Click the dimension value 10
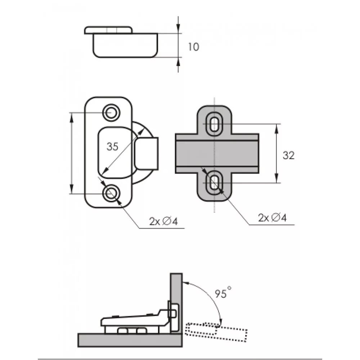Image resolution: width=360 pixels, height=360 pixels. click(193, 47)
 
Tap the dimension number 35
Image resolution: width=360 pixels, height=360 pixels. click(112, 147)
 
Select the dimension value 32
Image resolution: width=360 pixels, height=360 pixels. click(288, 156)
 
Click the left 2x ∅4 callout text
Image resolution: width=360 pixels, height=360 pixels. click(164, 222)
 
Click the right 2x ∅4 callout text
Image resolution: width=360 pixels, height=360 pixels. click(272, 218)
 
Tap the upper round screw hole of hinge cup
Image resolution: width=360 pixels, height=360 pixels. click(111, 112)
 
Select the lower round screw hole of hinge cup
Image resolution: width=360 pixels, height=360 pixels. click(111, 193)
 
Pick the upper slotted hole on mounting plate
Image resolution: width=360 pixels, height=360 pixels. click(215, 125)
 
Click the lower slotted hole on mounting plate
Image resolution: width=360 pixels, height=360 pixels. click(215, 182)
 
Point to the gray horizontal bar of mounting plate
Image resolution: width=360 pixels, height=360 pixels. click(217, 153)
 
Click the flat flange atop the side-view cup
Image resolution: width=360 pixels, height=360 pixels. click(108, 30)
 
